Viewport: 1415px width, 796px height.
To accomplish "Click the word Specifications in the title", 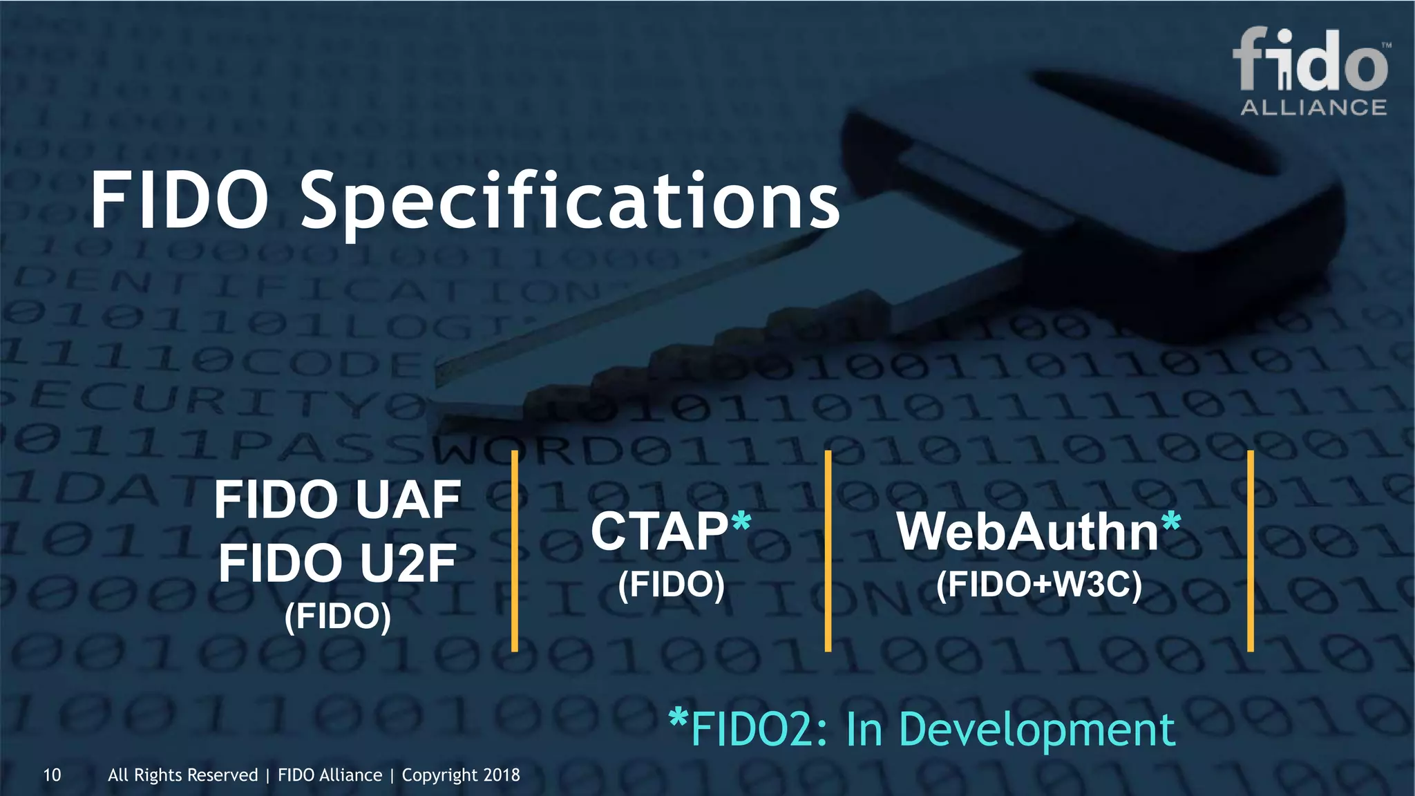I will pos(569,202).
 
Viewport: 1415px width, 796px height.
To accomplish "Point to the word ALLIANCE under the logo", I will pos(1313,108).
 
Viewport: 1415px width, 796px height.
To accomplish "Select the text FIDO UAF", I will pos(337,500).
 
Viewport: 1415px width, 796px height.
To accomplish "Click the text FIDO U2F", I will pos(337,563).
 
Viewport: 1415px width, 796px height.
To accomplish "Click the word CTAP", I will pos(659,531).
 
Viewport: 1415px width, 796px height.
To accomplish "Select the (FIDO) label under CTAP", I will pos(671,585).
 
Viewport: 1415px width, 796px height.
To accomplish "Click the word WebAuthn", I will pos(1027,531).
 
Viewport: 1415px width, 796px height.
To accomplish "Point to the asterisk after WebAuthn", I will pos(1171,522).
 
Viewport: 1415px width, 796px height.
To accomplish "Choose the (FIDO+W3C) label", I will pos(1038,585).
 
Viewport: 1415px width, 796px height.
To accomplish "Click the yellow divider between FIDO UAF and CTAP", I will pos(515,551).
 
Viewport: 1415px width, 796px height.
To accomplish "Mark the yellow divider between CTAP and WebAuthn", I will pos(828,551).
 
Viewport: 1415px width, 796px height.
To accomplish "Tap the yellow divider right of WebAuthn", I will pos(1251,551).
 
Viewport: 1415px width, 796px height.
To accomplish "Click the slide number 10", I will pos(52,775).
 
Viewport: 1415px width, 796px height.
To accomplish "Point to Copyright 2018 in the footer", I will pos(461,775).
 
